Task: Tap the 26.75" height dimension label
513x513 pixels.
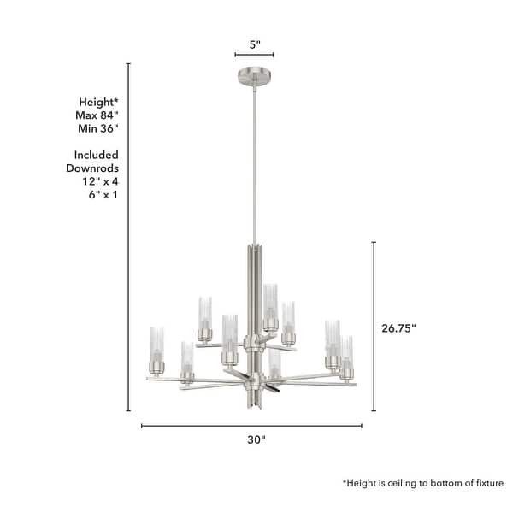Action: pyautogui.click(x=399, y=327)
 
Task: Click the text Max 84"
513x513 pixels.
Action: pyautogui.click(x=97, y=115)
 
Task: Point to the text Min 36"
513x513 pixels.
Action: pyautogui.click(x=97, y=128)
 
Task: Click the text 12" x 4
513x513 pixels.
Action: pyautogui.click(x=97, y=183)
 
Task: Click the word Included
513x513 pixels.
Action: pyautogui.click(x=97, y=156)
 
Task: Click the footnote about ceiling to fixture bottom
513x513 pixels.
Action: pyautogui.click(x=423, y=483)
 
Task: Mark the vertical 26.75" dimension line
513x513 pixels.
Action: pyautogui.click(x=374, y=327)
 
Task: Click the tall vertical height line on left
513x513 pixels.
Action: pyautogui.click(x=128, y=239)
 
